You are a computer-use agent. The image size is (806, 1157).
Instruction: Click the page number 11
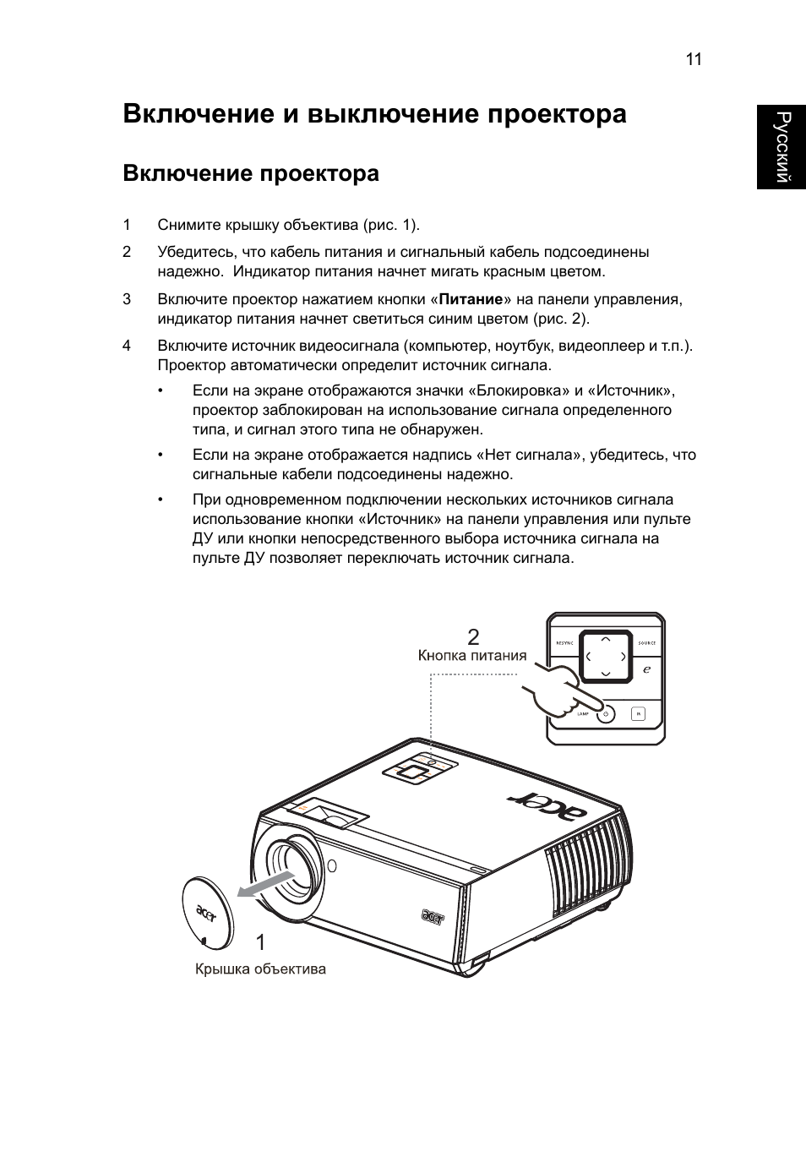pos(694,59)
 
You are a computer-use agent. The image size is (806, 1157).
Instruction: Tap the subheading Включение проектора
pos(250,173)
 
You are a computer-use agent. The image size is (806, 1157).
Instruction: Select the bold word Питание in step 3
pos(471,299)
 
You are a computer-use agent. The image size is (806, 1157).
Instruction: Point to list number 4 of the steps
pos(127,345)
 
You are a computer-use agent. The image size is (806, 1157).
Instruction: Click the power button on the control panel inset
pos(604,714)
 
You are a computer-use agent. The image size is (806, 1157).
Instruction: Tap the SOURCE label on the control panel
pos(646,643)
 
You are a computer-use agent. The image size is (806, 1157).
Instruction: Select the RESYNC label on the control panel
pos(564,643)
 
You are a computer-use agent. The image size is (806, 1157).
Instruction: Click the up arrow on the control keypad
pos(605,637)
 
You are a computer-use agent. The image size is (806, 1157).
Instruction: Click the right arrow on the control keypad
pos(624,657)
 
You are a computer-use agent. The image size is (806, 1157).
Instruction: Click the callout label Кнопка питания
pos(472,656)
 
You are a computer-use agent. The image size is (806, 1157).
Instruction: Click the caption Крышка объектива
pos(260,969)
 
